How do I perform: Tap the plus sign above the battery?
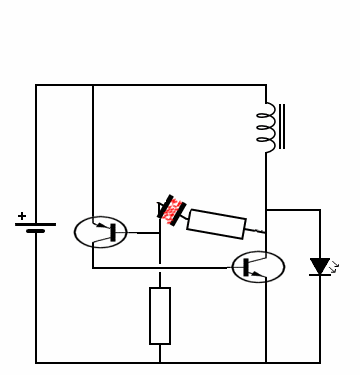pos(22,215)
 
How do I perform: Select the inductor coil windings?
pos(265,128)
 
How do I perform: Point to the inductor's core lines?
pos(282,127)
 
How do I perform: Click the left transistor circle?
pos(101,232)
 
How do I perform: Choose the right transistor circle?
pos(258,267)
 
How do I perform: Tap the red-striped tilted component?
pos(173,210)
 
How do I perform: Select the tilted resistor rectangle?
pos(216,224)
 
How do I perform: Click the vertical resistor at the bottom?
pos(160,315)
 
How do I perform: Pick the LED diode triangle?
pos(320,266)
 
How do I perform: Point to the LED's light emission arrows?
pos(335,267)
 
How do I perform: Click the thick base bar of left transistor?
pos(113,232)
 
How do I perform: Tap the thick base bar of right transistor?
pos(246,267)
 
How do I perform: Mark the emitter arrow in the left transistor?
pos(100,225)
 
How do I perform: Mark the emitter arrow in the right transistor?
pos(263,274)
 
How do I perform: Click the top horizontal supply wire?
pos(150,85)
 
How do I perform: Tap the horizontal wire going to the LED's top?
pos(293,210)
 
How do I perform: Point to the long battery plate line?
pos(36,224)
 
